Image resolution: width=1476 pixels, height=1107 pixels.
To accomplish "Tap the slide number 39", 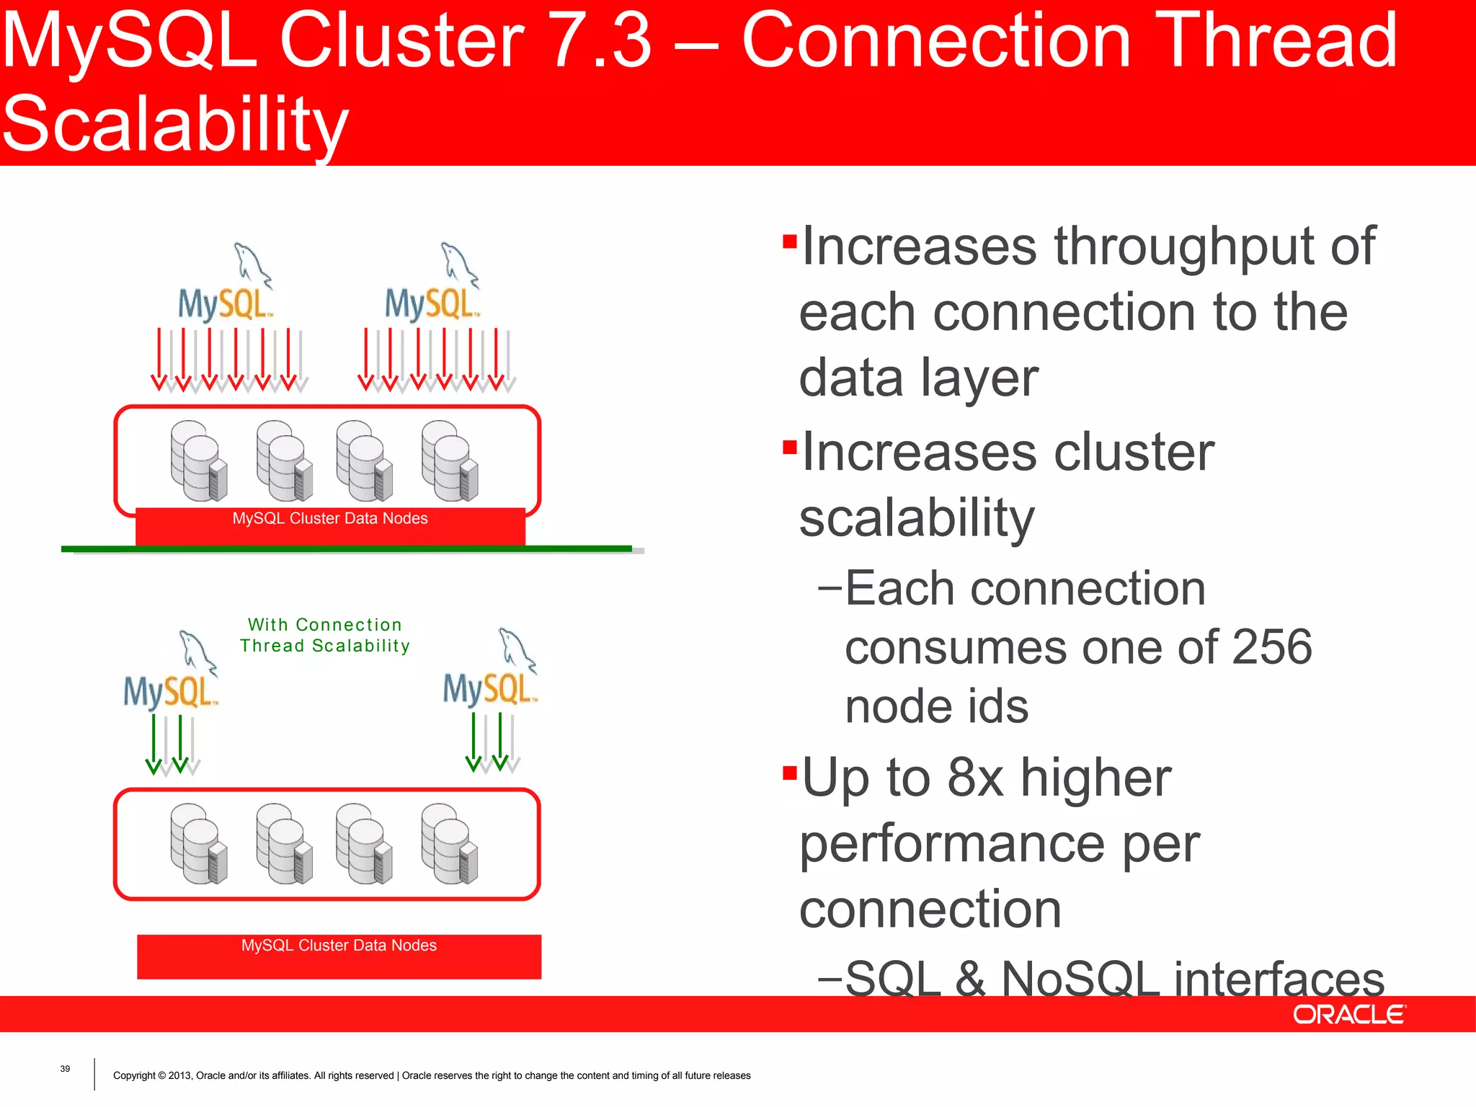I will point(65,1069).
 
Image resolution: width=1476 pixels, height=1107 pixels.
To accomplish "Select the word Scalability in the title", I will point(175,124).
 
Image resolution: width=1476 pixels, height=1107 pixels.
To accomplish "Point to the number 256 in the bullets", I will point(1272,647).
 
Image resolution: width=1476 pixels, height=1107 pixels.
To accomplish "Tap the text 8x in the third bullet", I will point(974,778).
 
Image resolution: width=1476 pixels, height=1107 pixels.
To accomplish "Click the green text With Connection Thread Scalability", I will point(324,635).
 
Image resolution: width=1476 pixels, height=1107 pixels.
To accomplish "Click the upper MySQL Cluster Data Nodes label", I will point(330,519).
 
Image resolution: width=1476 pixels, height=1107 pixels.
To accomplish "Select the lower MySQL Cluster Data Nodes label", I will point(339,946).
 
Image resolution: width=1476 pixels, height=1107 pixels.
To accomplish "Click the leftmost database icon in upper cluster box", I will point(197,461).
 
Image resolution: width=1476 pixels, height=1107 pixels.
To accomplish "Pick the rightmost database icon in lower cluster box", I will point(449,844).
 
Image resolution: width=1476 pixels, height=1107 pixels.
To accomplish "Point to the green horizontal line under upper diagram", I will point(346,548).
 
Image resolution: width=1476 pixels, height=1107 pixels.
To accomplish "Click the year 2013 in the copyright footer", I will point(179,1076).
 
